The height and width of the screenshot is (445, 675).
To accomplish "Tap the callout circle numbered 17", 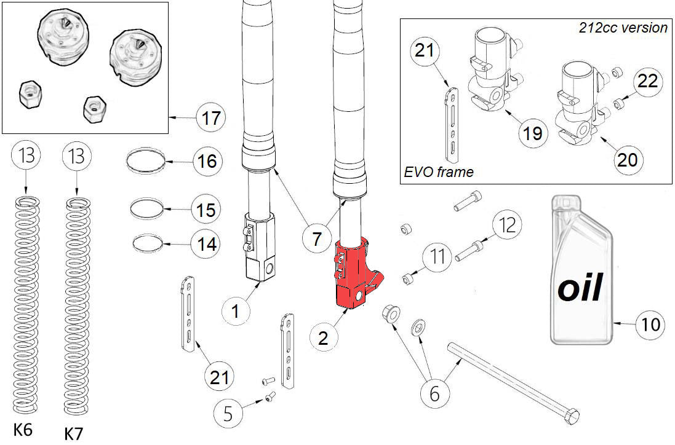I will coord(211,117).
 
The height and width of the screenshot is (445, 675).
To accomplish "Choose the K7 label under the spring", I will coord(73,433).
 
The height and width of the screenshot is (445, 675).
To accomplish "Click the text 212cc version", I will coord(623,28).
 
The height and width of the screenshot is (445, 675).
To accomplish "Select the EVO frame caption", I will coord(439,172).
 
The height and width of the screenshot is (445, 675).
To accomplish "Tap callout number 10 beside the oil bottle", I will coord(650,323).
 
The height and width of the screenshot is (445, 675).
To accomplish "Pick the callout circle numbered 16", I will coord(206,162).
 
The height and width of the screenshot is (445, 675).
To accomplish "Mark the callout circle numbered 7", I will coord(316,238).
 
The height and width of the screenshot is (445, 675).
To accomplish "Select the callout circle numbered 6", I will coord(434,394).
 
